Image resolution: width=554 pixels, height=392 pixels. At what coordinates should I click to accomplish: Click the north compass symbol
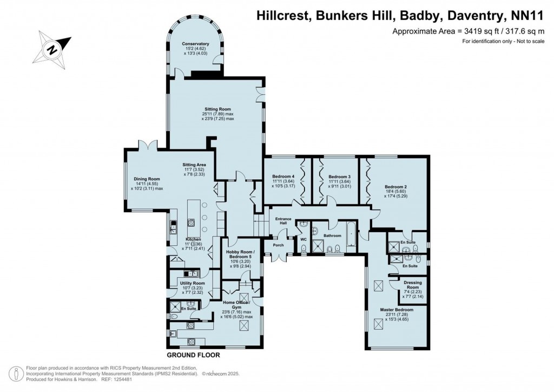(x=52, y=48)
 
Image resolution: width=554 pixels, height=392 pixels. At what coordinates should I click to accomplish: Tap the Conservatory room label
(x=195, y=44)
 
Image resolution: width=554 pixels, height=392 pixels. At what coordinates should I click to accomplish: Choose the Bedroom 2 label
(x=395, y=187)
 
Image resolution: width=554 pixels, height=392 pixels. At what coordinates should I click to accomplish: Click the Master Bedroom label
(x=396, y=310)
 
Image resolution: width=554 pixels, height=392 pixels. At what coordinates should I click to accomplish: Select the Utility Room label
(x=192, y=283)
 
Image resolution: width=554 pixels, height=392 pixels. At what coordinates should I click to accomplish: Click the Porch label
(x=278, y=245)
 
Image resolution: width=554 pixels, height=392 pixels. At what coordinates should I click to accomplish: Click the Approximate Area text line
(x=467, y=31)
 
